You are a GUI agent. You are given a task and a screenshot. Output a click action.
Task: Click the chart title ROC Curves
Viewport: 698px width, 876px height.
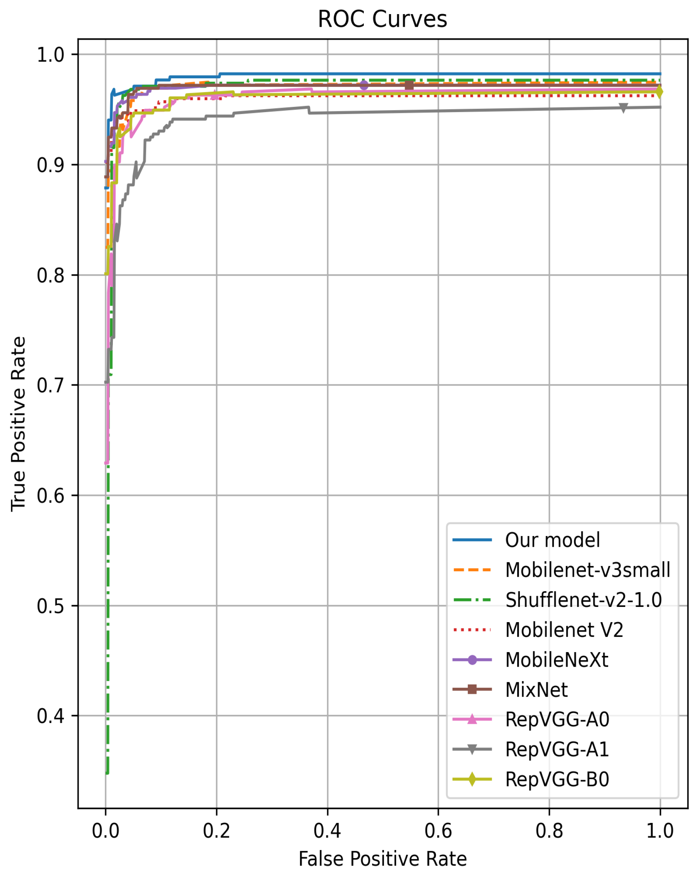pyautogui.click(x=382, y=19)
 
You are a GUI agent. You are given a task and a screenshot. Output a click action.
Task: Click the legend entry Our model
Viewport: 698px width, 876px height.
pyautogui.click(x=552, y=540)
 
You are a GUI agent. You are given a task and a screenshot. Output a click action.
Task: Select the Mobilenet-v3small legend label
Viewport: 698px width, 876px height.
pyautogui.click(x=587, y=570)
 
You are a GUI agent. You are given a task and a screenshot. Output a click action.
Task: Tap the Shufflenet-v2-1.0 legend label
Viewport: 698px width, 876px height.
pyautogui.click(x=583, y=600)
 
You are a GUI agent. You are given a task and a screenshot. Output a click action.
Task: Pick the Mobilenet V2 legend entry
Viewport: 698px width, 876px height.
pyautogui.click(x=564, y=630)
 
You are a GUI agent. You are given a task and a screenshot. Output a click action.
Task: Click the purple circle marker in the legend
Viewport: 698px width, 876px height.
pyautogui.click(x=472, y=660)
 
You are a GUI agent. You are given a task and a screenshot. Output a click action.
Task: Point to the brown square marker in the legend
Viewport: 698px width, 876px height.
pyautogui.click(x=472, y=690)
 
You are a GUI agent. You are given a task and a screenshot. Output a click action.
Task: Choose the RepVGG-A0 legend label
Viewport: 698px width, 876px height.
pyautogui.click(x=557, y=720)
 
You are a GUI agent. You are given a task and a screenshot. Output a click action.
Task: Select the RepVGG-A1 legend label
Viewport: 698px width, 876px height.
pyautogui.click(x=557, y=749)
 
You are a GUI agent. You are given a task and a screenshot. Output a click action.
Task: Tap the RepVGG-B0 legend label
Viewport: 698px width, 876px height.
pyautogui.click(x=557, y=779)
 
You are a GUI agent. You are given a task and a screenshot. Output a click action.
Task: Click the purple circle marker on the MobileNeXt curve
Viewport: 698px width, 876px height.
pyautogui.click(x=364, y=85)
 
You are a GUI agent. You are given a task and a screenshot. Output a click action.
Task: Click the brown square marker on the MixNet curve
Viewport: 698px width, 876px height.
pyautogui.click(x=409, y=85)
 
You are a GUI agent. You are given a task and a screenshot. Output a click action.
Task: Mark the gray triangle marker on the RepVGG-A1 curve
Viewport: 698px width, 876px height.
pyautogui.click(x=623, y=108)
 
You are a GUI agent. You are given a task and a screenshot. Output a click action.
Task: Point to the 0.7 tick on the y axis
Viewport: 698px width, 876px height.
pyautogui.click(x=50, y=385)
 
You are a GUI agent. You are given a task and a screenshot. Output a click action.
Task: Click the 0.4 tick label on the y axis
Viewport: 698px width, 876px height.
pyautogui.click(x=50, y=716)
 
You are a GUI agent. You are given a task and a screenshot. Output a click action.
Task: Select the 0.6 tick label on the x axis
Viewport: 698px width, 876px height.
pyautogui.click(x=438, y=831)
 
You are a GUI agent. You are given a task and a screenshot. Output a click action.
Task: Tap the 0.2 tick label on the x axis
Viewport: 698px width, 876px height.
pyautogui.click(x=216, y=831)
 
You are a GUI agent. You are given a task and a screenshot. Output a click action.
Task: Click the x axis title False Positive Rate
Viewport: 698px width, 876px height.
pyautogui.click(x=382, y=859)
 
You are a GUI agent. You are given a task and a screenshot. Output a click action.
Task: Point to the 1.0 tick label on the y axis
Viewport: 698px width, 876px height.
pyautogui.click(x=50, y=55)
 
